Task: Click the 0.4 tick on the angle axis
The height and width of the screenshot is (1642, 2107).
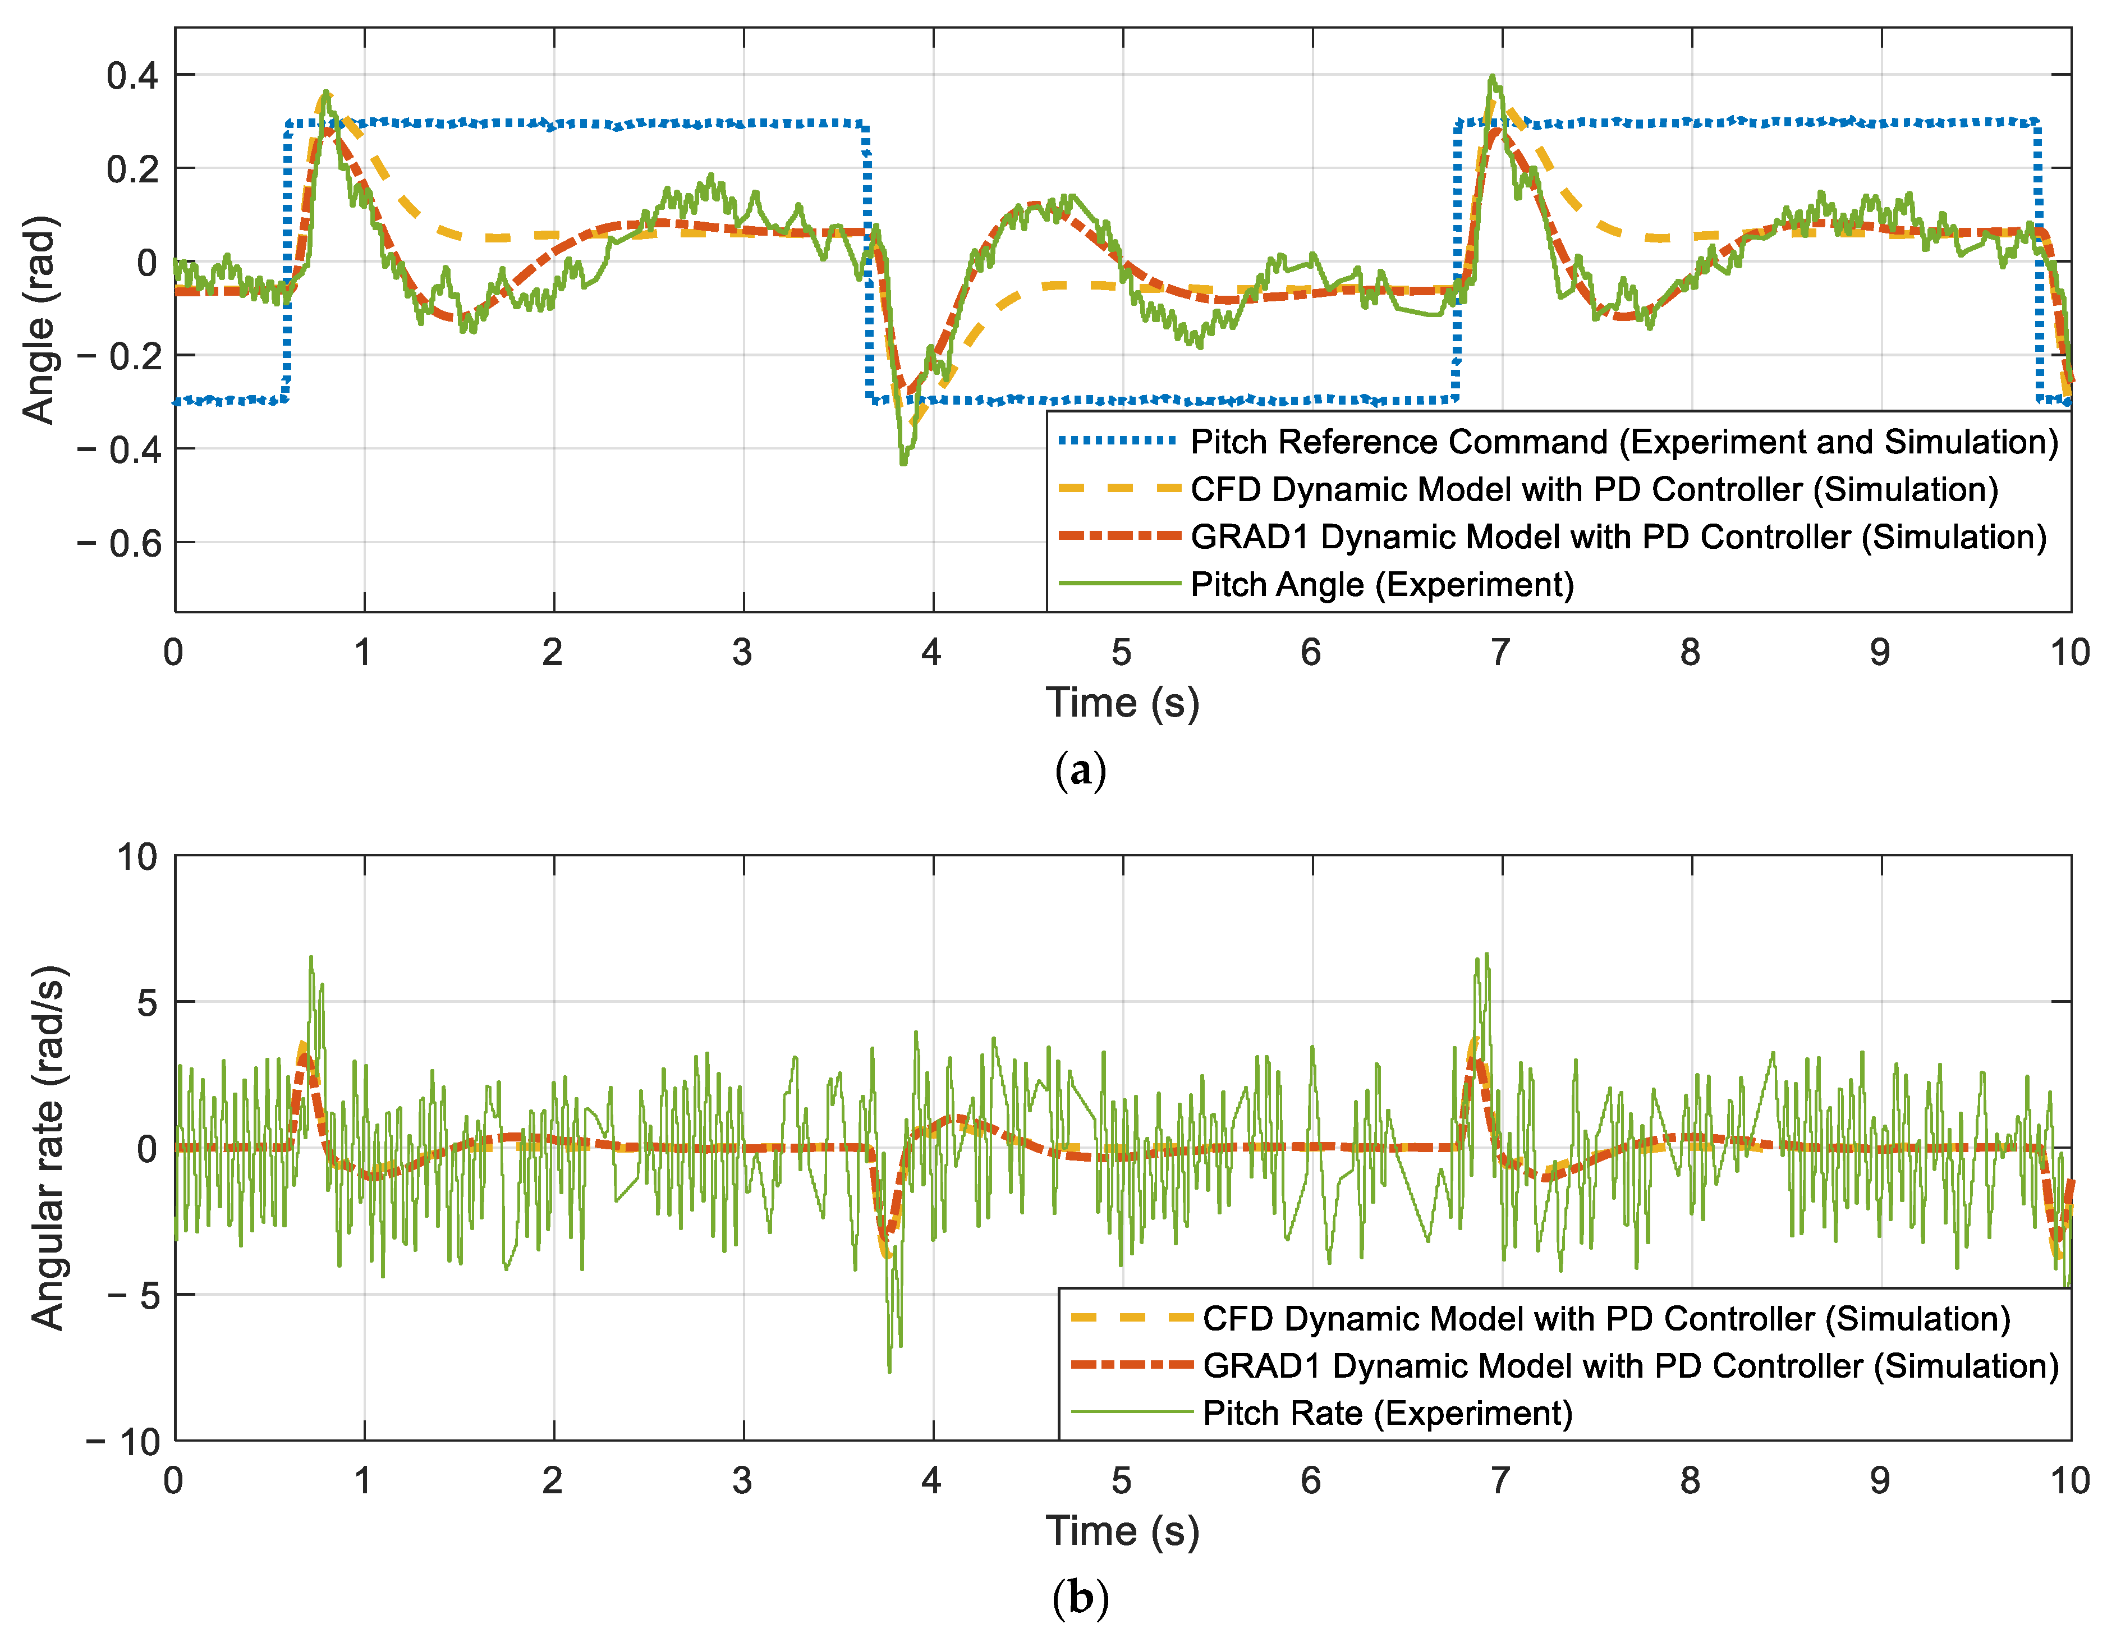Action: tap(132, 75)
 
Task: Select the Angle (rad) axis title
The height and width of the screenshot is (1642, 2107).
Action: tap(39, 319)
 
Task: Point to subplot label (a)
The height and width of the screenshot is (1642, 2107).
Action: tap(1081, 771)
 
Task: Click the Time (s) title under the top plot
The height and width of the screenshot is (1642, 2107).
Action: tap(1122, 703)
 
